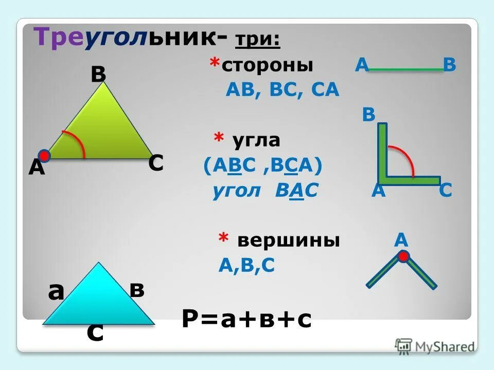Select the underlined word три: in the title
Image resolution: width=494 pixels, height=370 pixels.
258,40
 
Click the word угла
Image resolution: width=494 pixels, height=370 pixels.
255,140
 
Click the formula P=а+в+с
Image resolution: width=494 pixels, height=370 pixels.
246,319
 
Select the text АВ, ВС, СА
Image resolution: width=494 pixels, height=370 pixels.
283,90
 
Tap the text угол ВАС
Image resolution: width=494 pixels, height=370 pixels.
266,191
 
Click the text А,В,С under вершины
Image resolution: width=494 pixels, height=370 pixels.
247,265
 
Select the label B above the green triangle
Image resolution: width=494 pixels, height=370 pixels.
98,75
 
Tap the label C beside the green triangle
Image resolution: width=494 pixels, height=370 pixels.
156,163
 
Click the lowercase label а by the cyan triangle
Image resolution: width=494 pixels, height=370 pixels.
56,292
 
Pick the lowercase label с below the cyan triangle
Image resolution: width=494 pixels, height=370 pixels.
95,333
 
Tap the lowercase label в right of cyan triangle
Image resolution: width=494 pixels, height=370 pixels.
137,290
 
